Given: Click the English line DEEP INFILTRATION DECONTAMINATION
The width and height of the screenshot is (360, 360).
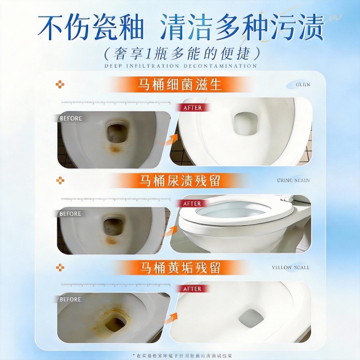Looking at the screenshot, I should pos(181,66).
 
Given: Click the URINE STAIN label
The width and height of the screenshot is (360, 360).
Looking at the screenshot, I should pos(293,180).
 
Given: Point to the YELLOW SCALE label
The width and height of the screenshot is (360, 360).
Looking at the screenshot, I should pos(291,268).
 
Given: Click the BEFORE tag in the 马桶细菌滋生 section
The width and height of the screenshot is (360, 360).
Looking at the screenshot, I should pos(70,118).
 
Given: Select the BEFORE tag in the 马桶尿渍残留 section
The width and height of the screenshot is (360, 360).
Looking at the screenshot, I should pos(70,214).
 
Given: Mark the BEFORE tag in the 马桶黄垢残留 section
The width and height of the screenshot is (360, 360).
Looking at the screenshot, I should pos(70,299).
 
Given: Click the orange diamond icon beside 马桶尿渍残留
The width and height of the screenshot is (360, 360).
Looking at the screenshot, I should pos(61,180).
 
